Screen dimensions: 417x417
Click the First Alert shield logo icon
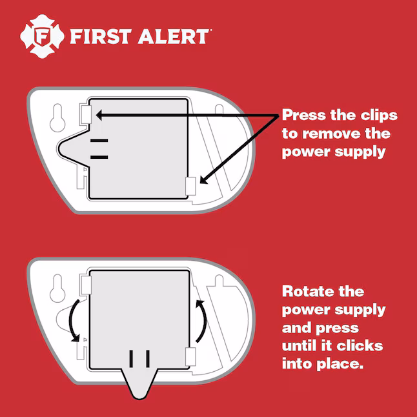pyautogui.click(x=42, y=36)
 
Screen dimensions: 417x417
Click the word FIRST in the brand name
pyautogui.click(x=101, y=36)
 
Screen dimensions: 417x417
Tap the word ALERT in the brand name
pyautogui.click(x=174, y=36)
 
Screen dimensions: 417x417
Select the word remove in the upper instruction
pyautogui.click(x=332, y=133)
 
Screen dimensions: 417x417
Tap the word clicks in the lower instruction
pyautogui.click(x=360, y=345)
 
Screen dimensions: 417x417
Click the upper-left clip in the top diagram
pyautogui.click(x=86, y=114)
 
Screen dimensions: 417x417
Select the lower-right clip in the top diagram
pyautogui.click(x=190, y=186)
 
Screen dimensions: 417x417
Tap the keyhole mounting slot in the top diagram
pyautogui.click(x=57, y=117)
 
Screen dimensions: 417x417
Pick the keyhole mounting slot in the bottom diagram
pyautogui.click(x=57, y=288)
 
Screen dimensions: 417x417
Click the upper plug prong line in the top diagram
pyautogui.click(x=99, y=141)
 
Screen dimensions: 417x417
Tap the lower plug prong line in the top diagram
pyautogui.click(x=99, y=157)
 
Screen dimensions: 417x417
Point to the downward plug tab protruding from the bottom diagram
pyautogui.click(x=139, y=383)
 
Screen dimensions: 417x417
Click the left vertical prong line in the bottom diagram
pyautogui.click(x=131, y=359)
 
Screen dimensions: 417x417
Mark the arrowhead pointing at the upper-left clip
pyautogui.click(x=99, y=116)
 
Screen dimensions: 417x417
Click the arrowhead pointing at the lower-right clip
pyautogui.click(x=204, y=180)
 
